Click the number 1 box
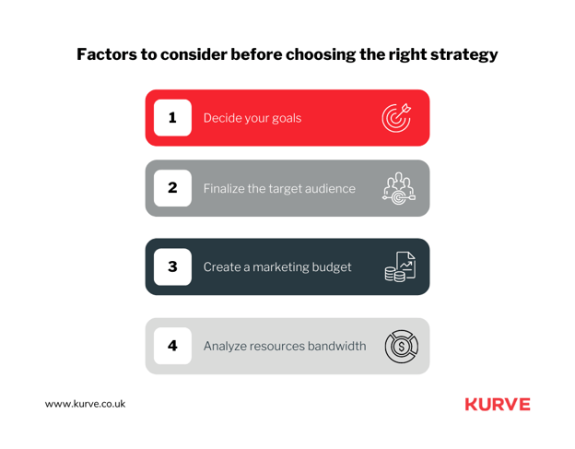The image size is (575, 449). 172,118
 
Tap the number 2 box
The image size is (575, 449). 172,188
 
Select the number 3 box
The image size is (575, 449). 172,266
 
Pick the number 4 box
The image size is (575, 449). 172,346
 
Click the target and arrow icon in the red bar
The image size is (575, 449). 396,118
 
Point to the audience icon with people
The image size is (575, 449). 399,189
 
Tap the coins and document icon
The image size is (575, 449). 400,266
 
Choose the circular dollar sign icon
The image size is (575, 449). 402,347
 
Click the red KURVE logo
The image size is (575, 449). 498,404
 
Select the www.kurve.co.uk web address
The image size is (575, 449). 85,404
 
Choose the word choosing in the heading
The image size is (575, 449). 321,55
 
